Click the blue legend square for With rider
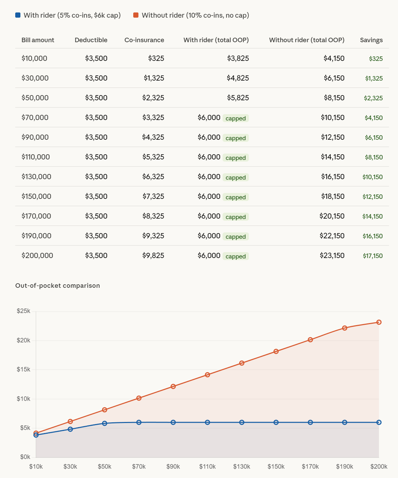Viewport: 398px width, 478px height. pyautogui.click(x=18, y=15)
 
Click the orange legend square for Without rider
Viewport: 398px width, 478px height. pyautogui.click(x=136, y=15)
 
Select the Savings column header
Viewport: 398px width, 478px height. pyautogui.click(x=371, y=40)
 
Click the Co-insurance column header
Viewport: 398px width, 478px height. pyautogui.click(x=144, y=40)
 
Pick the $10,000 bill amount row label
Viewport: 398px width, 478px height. pyautogui.click(x=34, y=58)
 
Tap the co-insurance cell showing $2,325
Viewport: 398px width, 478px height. pyautogui.click(x=153, y=98)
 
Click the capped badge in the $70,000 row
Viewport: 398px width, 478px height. pyautogui.click(x=235, y=118)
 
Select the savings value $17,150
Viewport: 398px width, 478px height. pyautogui.click(x=372, y=256)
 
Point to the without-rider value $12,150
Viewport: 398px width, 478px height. pyautogui.click(x=333, y=137)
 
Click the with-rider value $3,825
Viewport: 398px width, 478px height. pyautogui.click(x=238, y=58)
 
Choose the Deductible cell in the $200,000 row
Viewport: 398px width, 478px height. pyautogui.click(x=96, y=256)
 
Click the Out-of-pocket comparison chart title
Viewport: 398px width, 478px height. pyautogui.click(x=57, y=286)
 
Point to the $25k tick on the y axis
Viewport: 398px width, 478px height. pyautogui.click(x=24, y=311)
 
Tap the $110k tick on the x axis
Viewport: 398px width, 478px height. pyautogui.click(x=207, y=467)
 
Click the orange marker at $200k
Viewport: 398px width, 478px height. pyautogui.click(x=379, y=322)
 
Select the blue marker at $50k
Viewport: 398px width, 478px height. pyautogui.click(x=105, y=423)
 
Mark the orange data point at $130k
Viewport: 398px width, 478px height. pyautogui.click(x=242, y=363)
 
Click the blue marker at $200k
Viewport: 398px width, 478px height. pyautogui.click(x=379, y=422)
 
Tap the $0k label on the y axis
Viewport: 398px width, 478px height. pyautogui.click(x=25, y=457)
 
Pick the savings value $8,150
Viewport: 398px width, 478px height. pyautogui.click(x=374, y=157)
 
